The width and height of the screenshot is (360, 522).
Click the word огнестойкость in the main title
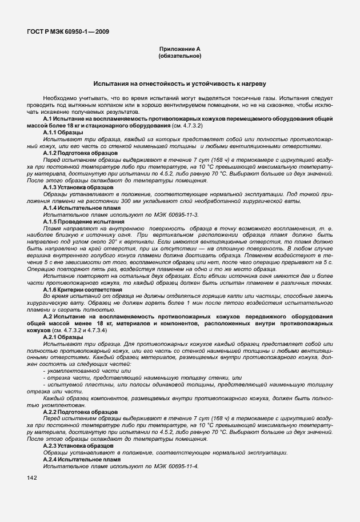(158, 83)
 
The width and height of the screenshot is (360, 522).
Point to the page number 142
(31, 478)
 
